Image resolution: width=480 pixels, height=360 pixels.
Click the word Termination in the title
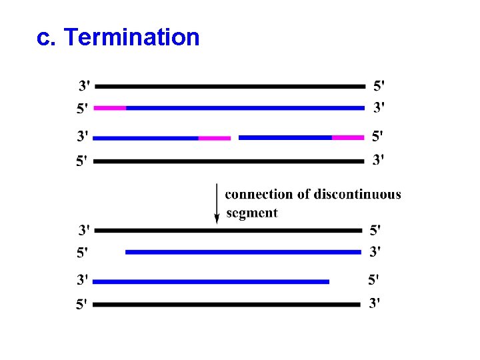pyautogui.click(x=133, y=38)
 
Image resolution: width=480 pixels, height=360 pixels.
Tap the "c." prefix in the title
pyautogui.click(x=47, y=38)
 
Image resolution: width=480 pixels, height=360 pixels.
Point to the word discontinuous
pyautogui.click(x=357, y=195)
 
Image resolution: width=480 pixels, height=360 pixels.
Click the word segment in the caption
pyautogui.click(x=252, y=213)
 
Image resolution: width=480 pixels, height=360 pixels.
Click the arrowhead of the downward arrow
pyautogui.click(x=217, y=218)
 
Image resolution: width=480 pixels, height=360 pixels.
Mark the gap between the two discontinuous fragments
pyautogui.click(x=235, y=138)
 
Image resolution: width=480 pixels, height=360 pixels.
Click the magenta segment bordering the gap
pyautogui.click(x=215, y=138)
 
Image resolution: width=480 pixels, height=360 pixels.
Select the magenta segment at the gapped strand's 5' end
pyautogui.click(x=348, y=137)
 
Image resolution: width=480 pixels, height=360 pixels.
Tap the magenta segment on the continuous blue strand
pyautogui.click(x=110, y=107)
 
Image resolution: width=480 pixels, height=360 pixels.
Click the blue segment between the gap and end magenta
pyautogui.click(x=285, y=137)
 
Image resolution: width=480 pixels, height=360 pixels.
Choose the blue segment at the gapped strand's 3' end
pyautogui.click(x=145, y=138)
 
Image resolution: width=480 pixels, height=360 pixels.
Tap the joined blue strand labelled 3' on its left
pyautogui.click(x=211, y=281)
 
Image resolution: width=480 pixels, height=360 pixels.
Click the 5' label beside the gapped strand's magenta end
pyautogui.click(x=377, y=136)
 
